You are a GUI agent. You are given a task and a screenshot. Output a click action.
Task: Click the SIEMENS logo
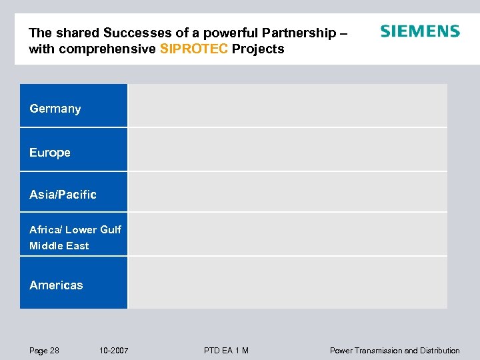click(419, 31)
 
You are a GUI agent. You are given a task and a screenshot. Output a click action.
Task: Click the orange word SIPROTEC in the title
click(194, 49)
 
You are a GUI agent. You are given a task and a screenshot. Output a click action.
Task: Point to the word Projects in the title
click(258, 49)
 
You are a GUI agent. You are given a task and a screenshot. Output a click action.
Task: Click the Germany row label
click(55, 109)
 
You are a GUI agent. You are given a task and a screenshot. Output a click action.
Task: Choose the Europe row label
click(50, 153)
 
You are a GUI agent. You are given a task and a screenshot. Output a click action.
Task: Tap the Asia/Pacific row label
click(63, 195)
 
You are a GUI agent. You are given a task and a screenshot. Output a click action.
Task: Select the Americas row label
click(56, 285)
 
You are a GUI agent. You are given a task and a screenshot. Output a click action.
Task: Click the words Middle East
click(59, 246)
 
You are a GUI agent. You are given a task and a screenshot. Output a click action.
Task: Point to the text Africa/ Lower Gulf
click(75, 229)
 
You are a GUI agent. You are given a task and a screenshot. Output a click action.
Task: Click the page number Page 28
click(44, 351)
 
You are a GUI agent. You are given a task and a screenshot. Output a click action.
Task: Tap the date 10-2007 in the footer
click(114, 351)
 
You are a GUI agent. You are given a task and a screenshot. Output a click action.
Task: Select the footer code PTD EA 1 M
click(227, 351)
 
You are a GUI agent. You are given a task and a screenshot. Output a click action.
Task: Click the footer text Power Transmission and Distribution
click(395, 351)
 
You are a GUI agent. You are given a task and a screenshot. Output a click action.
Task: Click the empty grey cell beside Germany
click(287, 105)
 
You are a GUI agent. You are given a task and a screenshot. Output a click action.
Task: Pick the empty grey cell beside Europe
click(287, 149)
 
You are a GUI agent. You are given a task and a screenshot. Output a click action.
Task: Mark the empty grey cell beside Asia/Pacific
click(287, 192)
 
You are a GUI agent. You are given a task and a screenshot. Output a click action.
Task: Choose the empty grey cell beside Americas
click(287, 283)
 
